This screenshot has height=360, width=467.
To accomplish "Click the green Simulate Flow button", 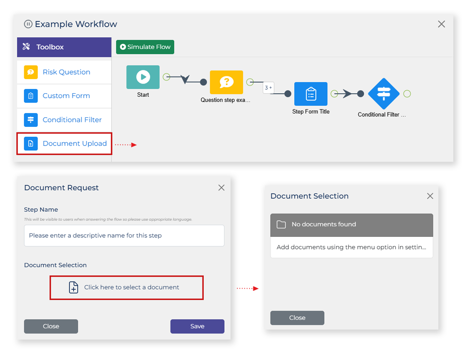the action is click(145, 47).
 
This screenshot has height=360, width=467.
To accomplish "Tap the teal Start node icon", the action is click(143, 77).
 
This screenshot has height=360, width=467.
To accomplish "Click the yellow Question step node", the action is click(226, 82).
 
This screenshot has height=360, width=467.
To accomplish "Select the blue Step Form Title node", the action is click(311, 94).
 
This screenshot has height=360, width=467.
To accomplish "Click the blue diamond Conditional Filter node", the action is click(384, 94).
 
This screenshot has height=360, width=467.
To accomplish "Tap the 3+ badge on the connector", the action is click(268, 88).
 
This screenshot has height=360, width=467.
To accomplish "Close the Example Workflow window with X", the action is click(442, 24).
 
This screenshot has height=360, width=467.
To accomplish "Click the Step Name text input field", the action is click(124, 235).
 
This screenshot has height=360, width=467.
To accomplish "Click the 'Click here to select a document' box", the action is click(126, 288).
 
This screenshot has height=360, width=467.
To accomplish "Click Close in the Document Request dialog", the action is click(51, 326).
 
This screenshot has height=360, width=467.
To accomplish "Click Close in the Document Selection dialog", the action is click(297, 318).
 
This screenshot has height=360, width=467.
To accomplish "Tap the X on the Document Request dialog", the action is click(221, 188).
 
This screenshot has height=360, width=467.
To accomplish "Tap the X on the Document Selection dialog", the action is click(430, 196).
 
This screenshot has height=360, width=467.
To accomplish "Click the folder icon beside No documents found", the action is click(281, 225).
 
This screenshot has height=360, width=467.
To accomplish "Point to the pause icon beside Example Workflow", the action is click(28, 24).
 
